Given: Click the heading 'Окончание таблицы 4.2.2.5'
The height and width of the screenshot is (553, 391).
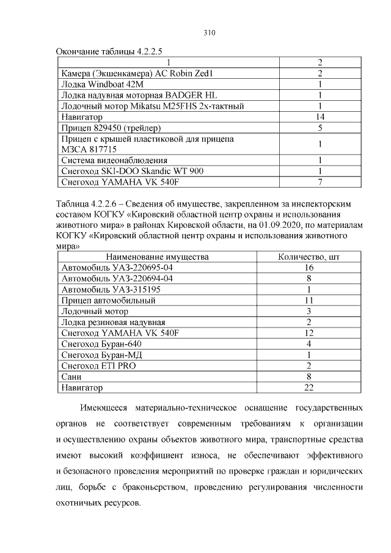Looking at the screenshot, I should point(113,51).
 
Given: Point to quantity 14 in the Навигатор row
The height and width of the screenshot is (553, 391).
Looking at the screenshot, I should point(320,117).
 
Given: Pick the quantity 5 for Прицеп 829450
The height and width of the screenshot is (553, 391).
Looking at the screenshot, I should point(320,128).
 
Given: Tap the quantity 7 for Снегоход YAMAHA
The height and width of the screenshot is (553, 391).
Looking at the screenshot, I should point(320,182).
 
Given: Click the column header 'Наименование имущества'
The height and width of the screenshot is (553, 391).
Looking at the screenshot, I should point(162,257).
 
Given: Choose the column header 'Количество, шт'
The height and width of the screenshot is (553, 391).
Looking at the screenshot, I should point(309,257).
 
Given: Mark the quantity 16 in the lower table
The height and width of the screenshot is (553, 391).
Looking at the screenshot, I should point(309,268).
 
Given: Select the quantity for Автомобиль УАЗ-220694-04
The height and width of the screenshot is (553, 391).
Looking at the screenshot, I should point(309,279).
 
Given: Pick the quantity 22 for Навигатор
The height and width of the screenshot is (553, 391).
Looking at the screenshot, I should point(309,387).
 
